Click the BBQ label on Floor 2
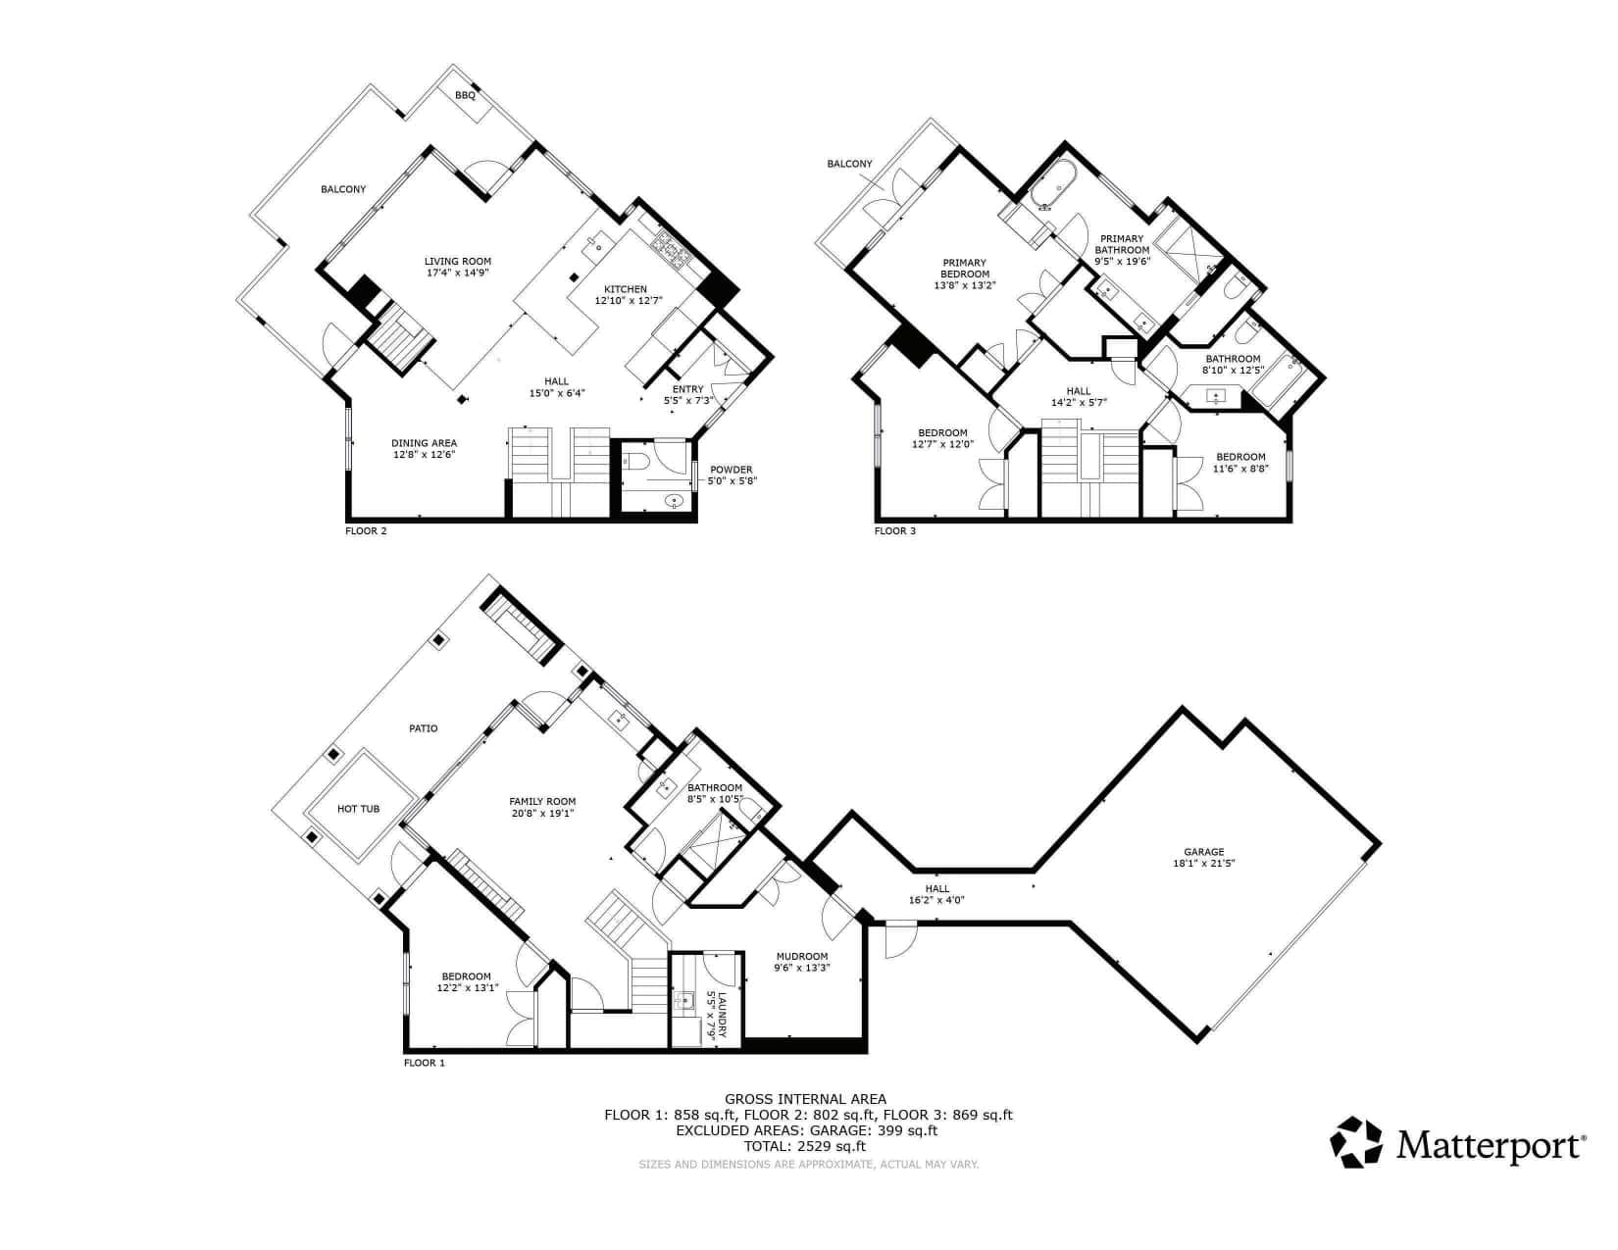click(x=465, y=95)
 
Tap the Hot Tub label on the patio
click(x=358, y=809)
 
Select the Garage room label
click(x=1204, y=852)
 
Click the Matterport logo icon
click(x=1356, y=1142)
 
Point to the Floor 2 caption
click(x=366, y=530)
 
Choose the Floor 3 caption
click(x=895, y=530)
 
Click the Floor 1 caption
click(x=425, y=1063)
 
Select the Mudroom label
click(x=802, y=957)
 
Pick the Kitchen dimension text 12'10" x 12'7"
click(x=629, y=301)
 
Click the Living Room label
click(x=458, y=262)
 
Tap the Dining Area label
click(x=425, y=443)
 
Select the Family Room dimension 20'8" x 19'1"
click(x=542, y=813)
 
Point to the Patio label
click(x=423, y=728)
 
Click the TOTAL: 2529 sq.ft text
click(x=805, y=1146)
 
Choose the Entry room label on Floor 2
click(x=688, y=388)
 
